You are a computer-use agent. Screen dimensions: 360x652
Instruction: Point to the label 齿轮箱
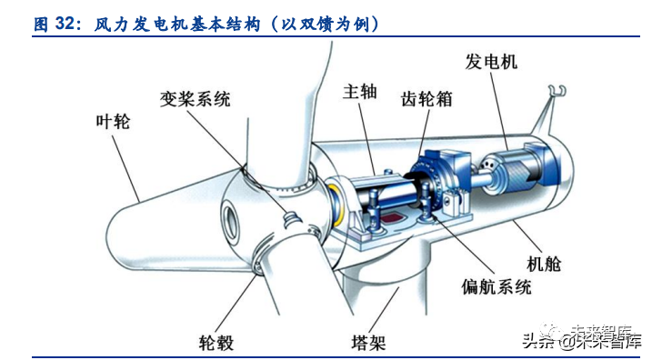click(427, 98)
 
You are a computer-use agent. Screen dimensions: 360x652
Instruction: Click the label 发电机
click(491, 61)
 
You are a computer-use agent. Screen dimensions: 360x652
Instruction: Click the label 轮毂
click(216, 343)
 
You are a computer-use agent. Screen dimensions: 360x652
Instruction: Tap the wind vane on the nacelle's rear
click(556, 91)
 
